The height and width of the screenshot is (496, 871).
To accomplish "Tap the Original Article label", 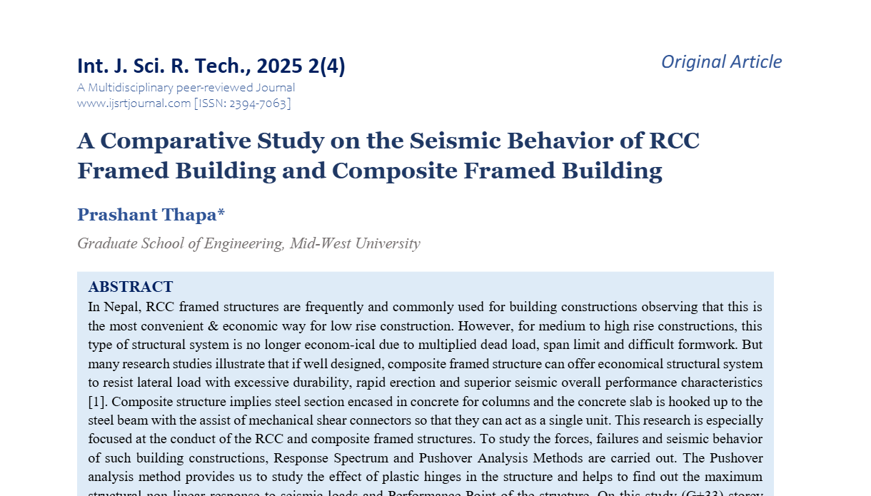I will coord(721,62).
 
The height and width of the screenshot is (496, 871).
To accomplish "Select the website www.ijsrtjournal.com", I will coord(134,103).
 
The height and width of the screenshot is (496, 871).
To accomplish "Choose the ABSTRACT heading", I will coord(131,287).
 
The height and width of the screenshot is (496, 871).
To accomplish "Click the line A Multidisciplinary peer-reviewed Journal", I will coord(186,88).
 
